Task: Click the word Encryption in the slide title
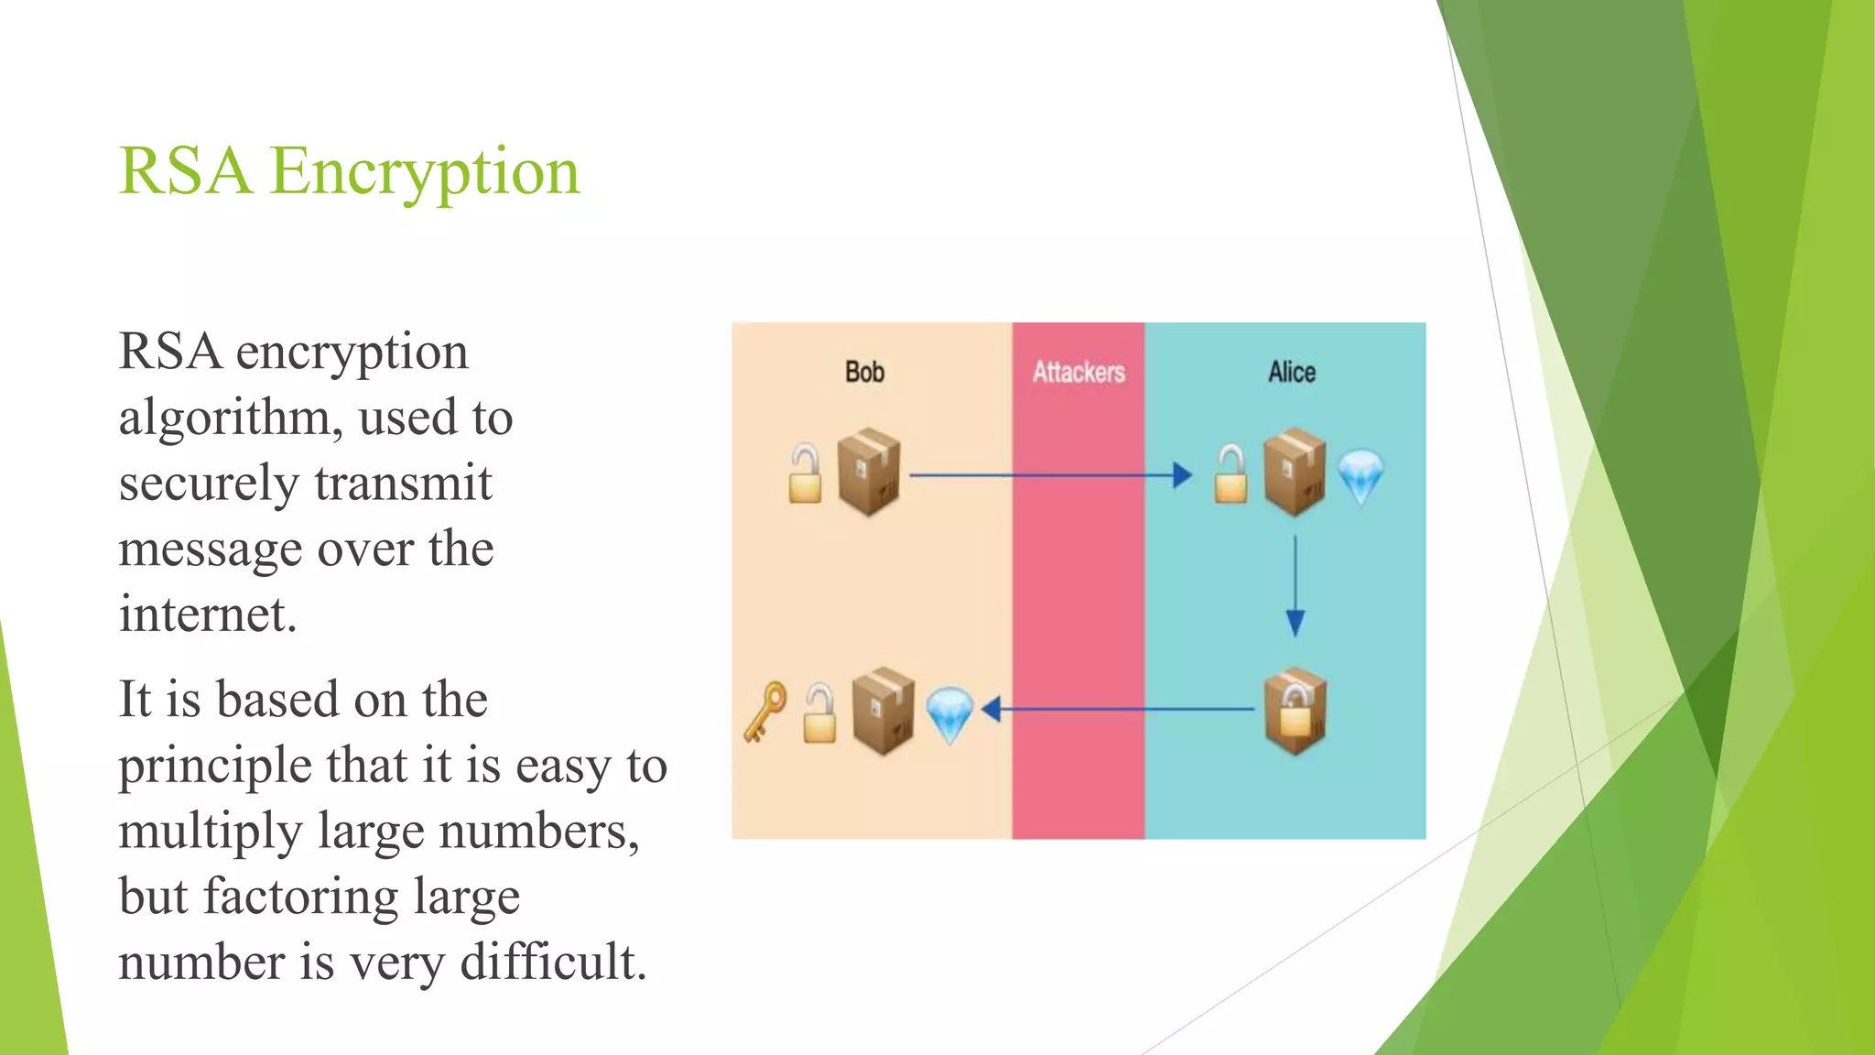425,171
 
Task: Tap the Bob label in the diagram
864,372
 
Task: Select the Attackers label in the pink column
1078,372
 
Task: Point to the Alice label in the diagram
1292,372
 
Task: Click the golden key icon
765,711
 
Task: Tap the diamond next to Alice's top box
1360,476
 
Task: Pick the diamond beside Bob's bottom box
949,714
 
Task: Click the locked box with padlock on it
1295,711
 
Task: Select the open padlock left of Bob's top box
805,474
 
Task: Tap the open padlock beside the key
819,714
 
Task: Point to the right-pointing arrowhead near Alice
1182,474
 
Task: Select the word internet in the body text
208,614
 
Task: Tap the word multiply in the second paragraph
211,832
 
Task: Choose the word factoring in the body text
300,897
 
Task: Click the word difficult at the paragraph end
553,963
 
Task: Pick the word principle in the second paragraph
216,766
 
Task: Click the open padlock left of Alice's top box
1230,474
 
